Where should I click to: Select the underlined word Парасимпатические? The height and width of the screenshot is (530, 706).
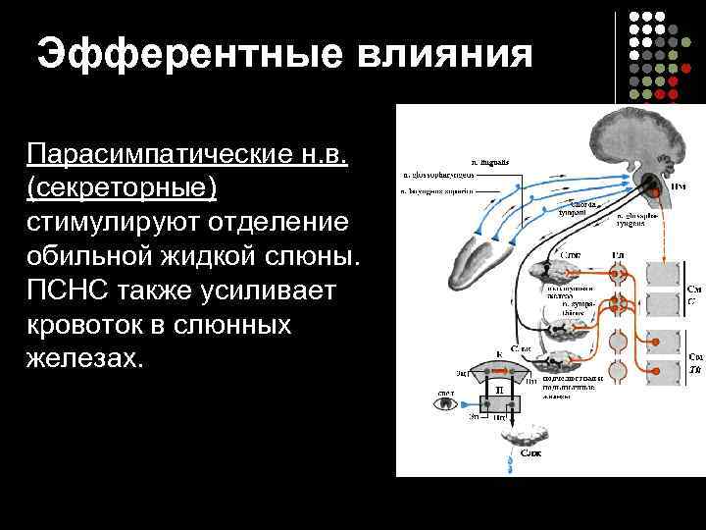[x=185, y=155]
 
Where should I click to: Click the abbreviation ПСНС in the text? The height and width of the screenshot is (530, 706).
[x=69, y=291]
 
